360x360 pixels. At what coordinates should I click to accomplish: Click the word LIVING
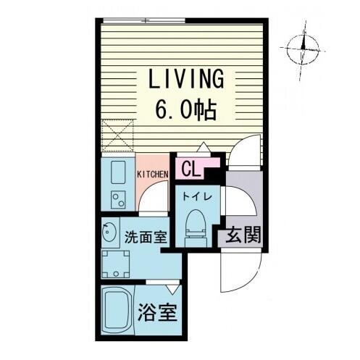[185, 78]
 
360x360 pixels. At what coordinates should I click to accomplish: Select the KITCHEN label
[152, 175]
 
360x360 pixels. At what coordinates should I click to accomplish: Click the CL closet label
[191, 169]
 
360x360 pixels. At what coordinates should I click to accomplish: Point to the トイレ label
[197, 197]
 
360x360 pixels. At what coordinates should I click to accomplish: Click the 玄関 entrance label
[243, 234]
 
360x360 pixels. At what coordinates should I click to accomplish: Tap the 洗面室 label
[146, 237]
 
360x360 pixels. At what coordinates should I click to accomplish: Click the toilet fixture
[196, 228]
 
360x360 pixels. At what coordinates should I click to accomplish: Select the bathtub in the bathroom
[117, 310]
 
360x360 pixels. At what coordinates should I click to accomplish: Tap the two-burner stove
[118, 200]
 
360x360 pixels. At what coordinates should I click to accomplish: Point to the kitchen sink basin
[118, 172]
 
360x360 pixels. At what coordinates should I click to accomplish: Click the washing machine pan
[116, 264]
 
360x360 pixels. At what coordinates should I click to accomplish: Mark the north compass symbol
[303, 49]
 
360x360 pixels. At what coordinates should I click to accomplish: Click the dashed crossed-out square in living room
[117, 135]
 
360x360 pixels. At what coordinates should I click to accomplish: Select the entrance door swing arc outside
[242, 272]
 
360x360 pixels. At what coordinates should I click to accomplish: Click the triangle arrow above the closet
[204, 147]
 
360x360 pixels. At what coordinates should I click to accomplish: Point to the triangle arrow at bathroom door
[173, 289]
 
